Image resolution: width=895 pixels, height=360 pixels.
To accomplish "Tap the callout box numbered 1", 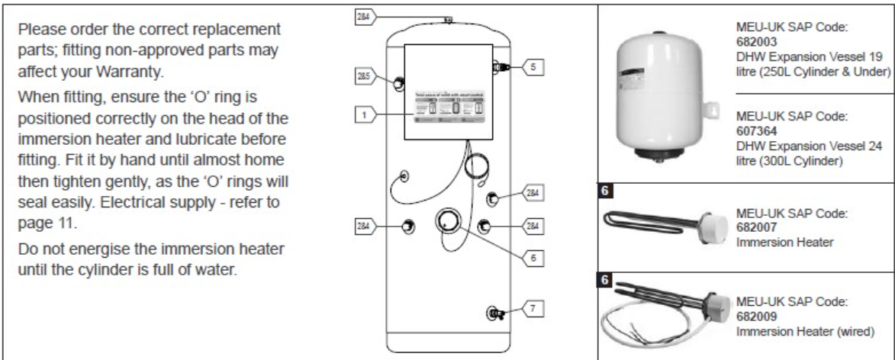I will click(364, 114).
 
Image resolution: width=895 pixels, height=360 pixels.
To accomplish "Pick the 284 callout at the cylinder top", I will click(364, 14).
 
